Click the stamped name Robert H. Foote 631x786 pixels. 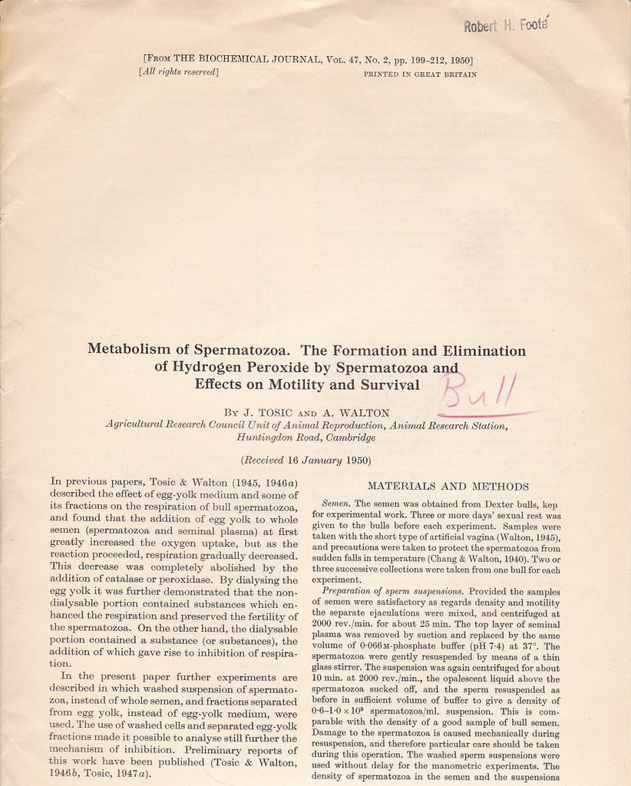(505, 25)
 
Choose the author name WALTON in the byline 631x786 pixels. (361, 412)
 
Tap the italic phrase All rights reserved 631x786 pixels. (179, 73)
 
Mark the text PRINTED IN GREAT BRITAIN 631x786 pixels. (420, 74)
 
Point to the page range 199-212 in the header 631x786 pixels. (418, 60)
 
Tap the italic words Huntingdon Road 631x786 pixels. (275, 438)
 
